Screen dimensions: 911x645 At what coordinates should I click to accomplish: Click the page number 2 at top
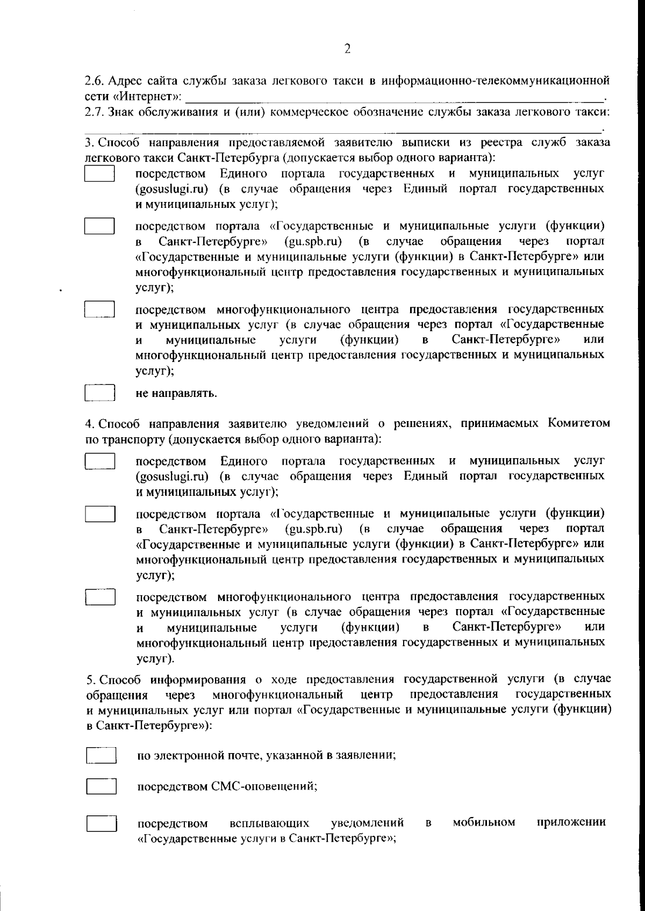[x=347, y=49]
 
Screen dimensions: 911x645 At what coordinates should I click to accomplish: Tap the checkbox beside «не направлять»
[x=101, y=393]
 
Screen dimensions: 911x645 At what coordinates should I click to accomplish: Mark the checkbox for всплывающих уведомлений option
[x=102, y=823]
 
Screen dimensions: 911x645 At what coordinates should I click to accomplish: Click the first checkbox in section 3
[x=100, y=174]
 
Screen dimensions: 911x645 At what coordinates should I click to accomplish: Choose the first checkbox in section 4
[x=100, y=461]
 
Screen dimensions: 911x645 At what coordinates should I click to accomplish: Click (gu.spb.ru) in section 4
[x=314, y=529]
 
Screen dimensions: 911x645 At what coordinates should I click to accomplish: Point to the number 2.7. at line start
[x=95, y=112]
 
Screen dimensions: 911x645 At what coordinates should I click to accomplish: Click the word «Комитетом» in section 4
[x=578, y=423]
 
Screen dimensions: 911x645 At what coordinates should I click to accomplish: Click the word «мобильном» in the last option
[x=484, y=822]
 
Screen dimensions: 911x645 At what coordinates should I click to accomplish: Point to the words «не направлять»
[x=176, y=394]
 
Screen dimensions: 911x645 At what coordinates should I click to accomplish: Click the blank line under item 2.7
[x=344, y=129]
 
